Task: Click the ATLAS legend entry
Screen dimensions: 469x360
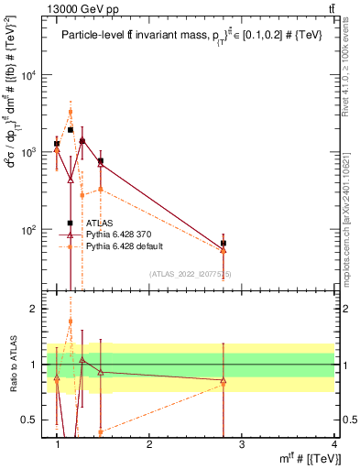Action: (x=101, y=223)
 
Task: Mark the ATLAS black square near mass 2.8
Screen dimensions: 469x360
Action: (x=224, y=243)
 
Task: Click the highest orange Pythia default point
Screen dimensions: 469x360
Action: (x=70, y=112)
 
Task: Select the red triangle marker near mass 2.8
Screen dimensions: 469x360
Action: (x=224, y=249)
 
